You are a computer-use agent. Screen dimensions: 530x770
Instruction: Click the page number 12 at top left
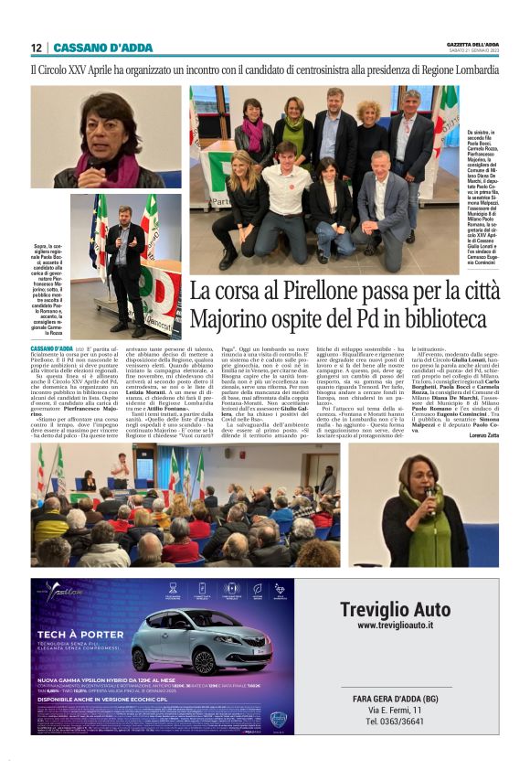(x=36, y=48)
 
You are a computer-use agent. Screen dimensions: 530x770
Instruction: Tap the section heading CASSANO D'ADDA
(x=90, y=48)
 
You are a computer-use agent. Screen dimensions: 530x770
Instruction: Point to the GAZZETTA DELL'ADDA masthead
(x=467, y=44)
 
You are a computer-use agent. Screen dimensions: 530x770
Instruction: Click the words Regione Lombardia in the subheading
(x=456, y=70)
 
